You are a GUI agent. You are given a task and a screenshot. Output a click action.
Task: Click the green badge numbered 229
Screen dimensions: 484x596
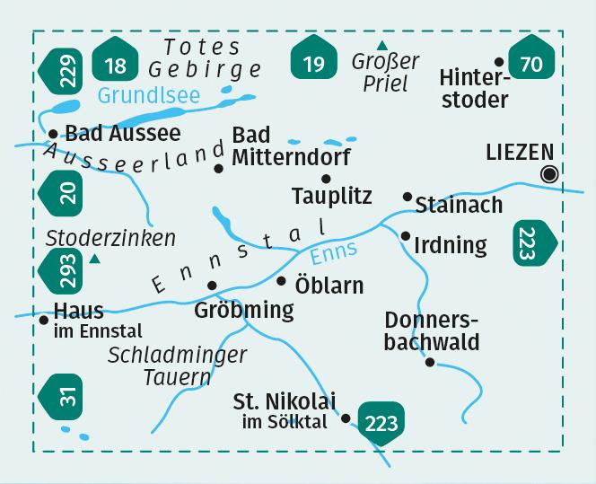click(x=64, y=69)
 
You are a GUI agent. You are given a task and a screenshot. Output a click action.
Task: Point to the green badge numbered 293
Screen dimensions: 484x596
click(x=64, y=268)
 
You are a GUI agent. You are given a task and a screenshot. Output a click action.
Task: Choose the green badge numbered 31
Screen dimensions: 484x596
click(x=64, y=393)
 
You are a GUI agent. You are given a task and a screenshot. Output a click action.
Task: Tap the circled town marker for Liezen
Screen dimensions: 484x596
click(x=550, y=174)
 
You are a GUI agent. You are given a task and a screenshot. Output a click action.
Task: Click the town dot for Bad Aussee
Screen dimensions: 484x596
click(x=53, y=134)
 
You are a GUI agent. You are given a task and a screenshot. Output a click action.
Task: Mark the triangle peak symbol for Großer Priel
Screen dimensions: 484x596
click(x=382, y=45)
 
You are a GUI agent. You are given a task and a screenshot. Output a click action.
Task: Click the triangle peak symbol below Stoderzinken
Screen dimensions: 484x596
click(x=94, y=260)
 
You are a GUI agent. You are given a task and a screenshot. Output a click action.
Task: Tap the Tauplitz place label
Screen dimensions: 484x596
click(x=332, y=196)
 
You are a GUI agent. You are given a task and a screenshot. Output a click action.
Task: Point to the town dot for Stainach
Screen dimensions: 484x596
click(x=408, y=196)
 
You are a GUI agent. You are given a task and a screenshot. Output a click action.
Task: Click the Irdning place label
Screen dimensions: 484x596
click(x=451, y=244)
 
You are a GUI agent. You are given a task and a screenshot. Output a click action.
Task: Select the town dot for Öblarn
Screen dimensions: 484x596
click(x=281, y=281)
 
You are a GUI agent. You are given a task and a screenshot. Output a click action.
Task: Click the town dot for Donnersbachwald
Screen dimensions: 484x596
click(x=430, y=362)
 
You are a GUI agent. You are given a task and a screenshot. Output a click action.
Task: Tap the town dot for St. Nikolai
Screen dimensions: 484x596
click(x=346, y=418)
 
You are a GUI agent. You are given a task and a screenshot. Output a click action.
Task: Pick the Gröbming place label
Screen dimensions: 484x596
click(x=243, y=311)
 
